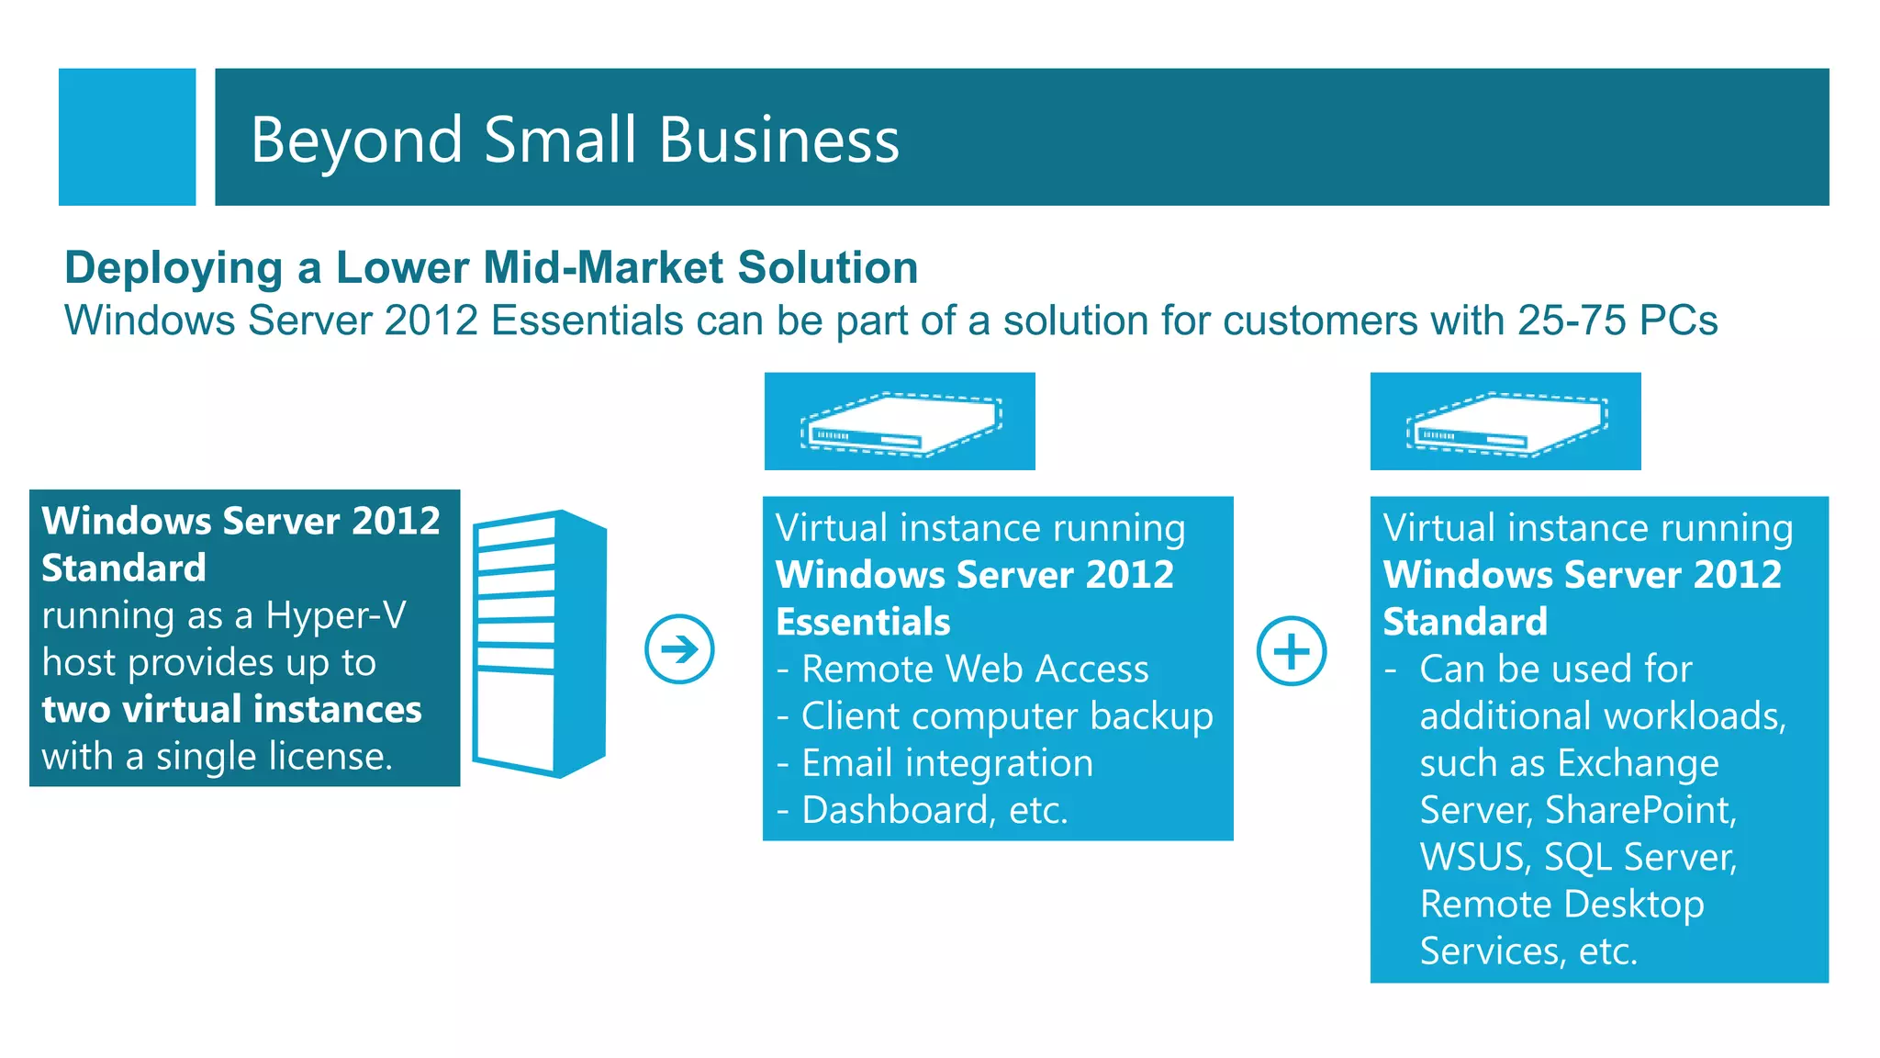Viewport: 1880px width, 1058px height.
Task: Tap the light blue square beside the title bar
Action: (x=127, y=137)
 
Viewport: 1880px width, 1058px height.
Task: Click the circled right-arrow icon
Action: (x=679, y=649)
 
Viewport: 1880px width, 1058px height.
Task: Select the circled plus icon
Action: (x=1291, y=650)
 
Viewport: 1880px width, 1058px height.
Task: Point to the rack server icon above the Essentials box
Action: (x=900, y=422)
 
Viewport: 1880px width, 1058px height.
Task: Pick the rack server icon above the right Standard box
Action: (x=1505, y=422)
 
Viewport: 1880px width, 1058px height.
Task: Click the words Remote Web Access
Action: (x=975, y=670)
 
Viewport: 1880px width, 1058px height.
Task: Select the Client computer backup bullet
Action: (x=1007, y=716)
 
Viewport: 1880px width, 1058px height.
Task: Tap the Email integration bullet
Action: (x=947, y=763)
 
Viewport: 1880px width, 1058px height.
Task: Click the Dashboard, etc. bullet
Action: (x=934, y=811)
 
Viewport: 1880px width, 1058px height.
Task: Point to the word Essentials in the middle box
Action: (x=863, y=623)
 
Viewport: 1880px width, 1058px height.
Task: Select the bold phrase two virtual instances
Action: (x=231, y=710)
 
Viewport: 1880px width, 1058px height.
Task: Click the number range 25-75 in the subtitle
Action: (x=1572, y=321)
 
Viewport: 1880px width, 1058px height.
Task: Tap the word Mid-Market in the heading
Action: (x=603, y=268)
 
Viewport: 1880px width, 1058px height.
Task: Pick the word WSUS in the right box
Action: (x=1473, y=858)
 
